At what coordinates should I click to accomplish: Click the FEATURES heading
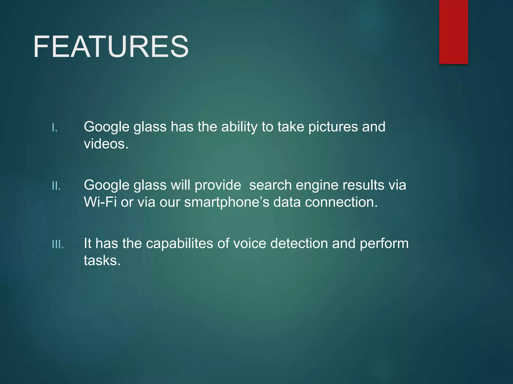coord(111,47)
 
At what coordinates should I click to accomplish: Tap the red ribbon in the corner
coord(453,32)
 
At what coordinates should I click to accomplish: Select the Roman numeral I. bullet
coord(55,128)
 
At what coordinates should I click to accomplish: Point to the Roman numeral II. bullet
coord(56,186)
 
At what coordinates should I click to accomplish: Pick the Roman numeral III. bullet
coord(58,244)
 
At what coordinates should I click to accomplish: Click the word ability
coord(239,127)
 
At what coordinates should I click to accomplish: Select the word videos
coord(106,144)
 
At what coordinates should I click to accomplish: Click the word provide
coord(218,185)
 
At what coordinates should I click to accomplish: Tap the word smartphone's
coord(227,202)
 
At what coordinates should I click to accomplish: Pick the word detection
coord(299,243)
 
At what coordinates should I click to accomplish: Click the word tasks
coord(102,260)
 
